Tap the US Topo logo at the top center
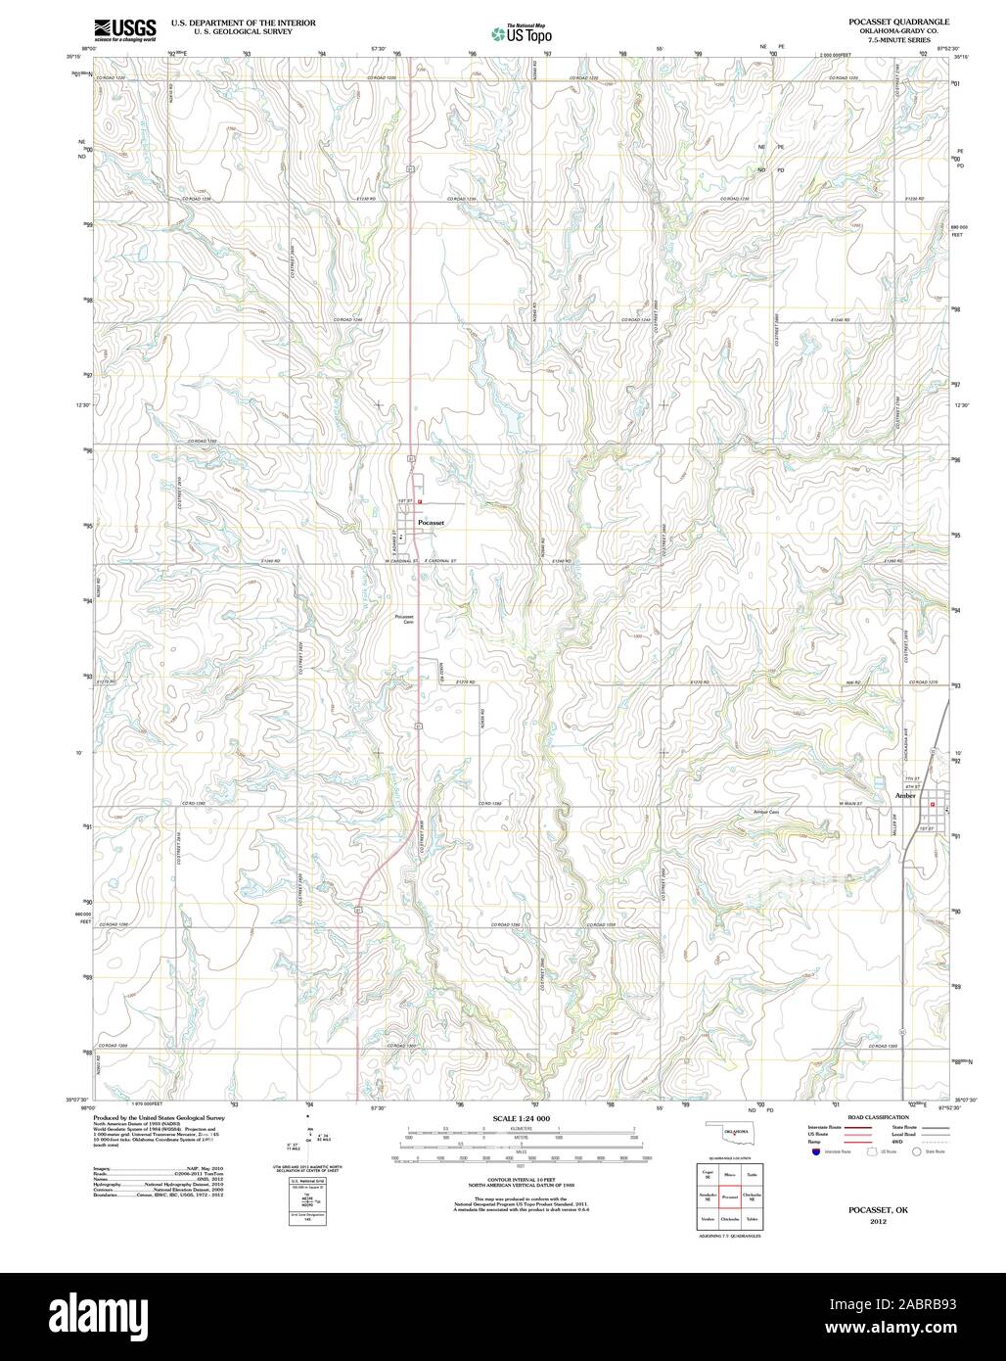[522, 33]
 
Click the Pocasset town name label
[431, 523]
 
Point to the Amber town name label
[905, 796]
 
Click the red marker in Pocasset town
[420, 502]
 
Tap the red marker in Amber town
[933, 805]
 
